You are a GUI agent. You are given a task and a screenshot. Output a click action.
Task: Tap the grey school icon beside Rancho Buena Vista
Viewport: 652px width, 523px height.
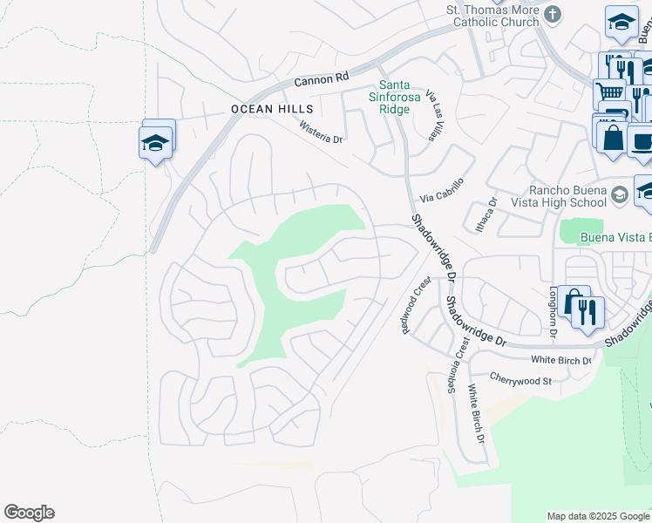coord(620,193)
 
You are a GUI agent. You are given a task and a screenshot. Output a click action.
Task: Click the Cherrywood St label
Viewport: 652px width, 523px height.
coord(521,381)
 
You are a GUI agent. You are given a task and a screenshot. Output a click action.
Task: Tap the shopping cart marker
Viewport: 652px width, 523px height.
coord(609,92)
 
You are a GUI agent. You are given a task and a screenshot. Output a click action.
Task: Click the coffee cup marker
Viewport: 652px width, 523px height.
coord(642,139)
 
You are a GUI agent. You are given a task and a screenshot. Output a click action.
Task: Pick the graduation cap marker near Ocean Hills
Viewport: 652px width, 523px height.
coord(155,142)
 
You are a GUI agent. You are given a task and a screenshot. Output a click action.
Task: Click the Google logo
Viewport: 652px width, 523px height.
coord(29,513)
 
